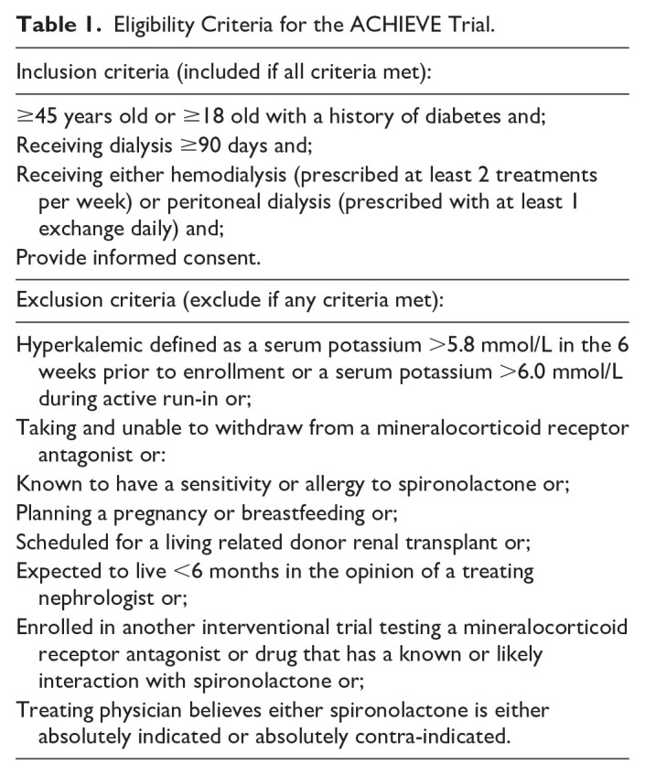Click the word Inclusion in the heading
pyautogui.click(x=58, y=70)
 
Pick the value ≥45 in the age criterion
pyautogui.click(x=35, y=118)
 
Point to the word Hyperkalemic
pyautogui.click(x=78, y=346)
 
